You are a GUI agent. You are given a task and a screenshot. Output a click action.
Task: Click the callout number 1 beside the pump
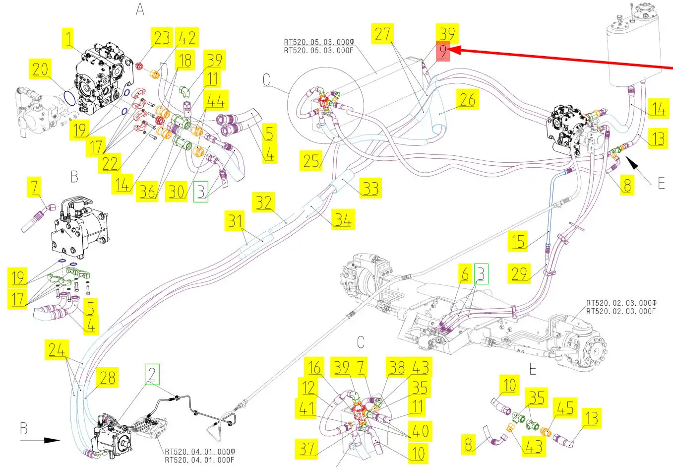68,38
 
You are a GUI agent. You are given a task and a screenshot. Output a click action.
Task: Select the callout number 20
41,69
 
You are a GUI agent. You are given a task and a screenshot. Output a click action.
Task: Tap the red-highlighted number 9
443,51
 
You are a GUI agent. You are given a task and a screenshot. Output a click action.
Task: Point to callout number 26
467,100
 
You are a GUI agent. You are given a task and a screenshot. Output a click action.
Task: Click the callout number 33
370,189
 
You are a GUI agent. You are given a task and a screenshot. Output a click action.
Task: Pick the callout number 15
518,241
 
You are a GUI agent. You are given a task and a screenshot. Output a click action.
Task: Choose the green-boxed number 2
152,374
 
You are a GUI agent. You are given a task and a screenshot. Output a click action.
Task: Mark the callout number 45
565,408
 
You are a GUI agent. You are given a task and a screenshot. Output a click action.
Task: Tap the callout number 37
307,449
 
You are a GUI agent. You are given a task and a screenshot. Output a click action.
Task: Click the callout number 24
57,350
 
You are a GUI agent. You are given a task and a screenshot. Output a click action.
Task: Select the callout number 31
236,221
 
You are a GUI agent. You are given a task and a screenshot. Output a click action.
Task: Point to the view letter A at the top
140,9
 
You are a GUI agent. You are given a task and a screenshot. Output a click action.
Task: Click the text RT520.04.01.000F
199,460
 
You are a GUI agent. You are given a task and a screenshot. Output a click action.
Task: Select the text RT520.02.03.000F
621,311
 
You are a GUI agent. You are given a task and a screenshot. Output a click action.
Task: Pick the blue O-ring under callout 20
70,98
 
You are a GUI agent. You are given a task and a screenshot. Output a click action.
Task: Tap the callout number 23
162,38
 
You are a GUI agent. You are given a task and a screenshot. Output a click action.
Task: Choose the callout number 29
519,273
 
